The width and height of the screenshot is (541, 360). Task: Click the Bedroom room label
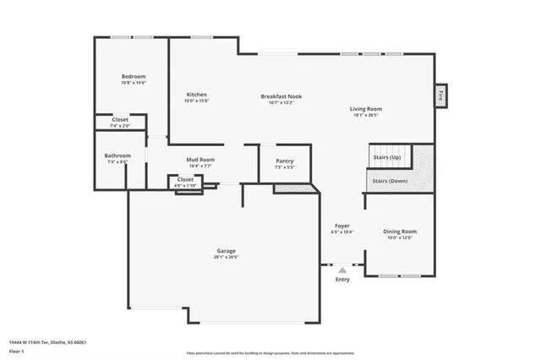click(134, 76)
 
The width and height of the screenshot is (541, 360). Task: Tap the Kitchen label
click(196, 94)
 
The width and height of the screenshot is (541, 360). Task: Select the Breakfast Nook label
click(281, 96)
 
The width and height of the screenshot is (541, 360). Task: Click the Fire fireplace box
click(440, 96)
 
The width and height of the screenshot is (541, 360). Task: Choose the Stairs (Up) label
click(385, 158)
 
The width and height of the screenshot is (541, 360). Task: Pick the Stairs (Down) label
click(386, 181)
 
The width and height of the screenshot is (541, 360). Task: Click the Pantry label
click(285, 160)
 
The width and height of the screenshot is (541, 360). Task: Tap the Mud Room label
click(200, 159)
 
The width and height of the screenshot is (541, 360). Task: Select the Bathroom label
click(117, 155)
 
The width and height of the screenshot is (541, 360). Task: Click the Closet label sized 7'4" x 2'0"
click(120, 120)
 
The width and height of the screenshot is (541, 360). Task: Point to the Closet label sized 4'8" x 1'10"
click(185, 179)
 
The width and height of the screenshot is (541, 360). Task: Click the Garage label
click(226, 250)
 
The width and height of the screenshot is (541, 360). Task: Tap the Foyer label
click(342, 225)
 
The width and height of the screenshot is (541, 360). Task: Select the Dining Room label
click(400, 231)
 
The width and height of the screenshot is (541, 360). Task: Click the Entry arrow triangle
click(342, 270)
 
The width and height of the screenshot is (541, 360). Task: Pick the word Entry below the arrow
click(342, 279)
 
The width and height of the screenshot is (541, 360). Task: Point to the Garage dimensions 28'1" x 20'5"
click(226, 257)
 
